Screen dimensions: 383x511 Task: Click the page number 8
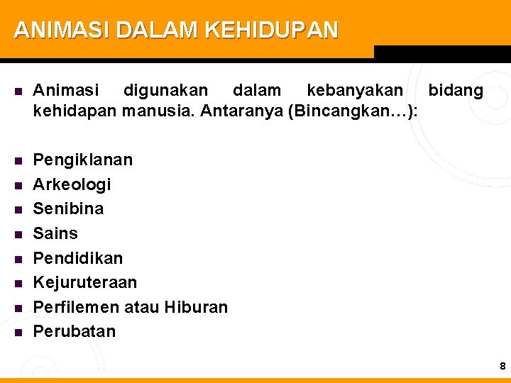coord(502,366)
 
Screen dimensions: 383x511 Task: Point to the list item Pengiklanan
coord(83,160)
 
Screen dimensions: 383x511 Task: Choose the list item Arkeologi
coord(72,184)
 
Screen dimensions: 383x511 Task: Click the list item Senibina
coord(69,209)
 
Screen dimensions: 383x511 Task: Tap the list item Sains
coord(56,233)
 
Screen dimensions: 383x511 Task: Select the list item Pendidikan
coord(78,257)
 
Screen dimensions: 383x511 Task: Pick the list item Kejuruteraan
coord(85,282)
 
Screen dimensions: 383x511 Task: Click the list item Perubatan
coord(75,331)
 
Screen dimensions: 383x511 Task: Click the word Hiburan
coord(196,307)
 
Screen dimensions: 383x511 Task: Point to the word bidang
coord(456,91)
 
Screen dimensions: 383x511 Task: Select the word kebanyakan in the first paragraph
coord(355,91)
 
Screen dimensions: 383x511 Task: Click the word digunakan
coord(166,91)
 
